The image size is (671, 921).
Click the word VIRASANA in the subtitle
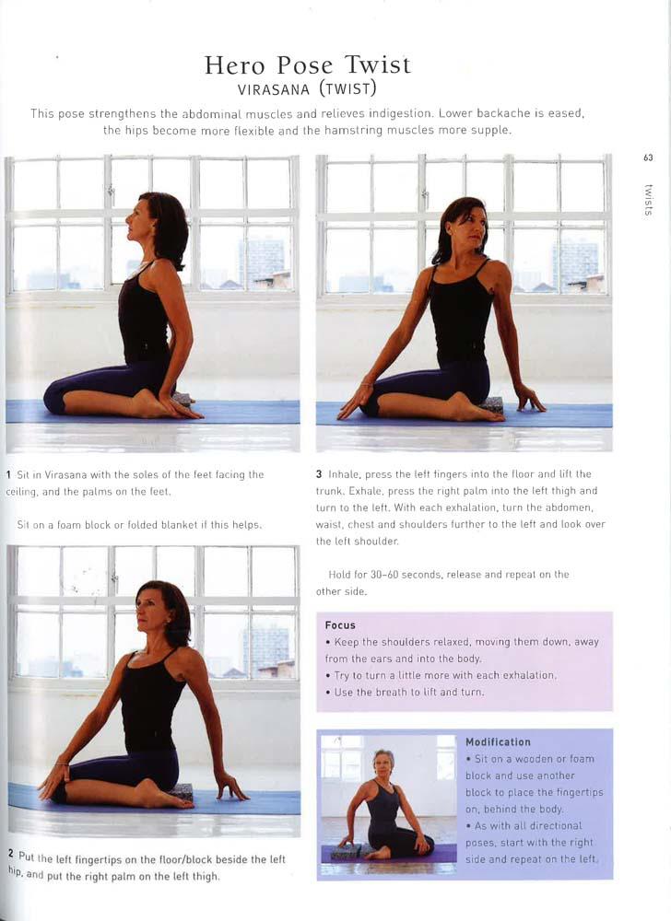[x=273, y=89]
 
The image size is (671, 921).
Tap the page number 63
[x=648, y=157]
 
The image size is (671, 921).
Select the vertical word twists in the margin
[x=648, y=200]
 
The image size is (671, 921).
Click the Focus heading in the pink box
[x=340, y=625]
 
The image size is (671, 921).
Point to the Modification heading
[x=498, y=741]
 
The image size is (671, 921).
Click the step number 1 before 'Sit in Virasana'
[x=9, y=474]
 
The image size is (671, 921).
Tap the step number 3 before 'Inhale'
[x=319, y=474]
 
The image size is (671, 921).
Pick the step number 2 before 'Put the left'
[x=11, y=853]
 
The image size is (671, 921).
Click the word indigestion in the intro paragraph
[x=401, y=113]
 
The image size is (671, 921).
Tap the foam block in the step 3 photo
[x=492, y=404]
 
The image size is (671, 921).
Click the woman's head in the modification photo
[x=383, y=762]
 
